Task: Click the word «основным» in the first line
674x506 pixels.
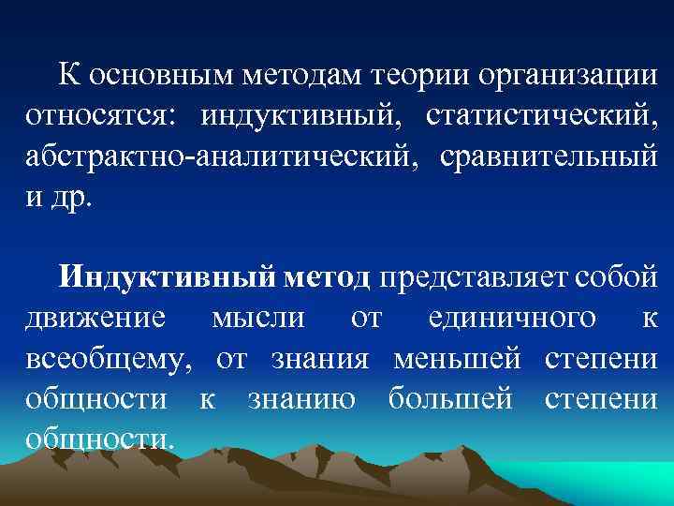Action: (149, 74)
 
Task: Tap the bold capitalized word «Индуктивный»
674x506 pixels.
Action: (167, 277)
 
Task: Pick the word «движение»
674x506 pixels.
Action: (95, 319)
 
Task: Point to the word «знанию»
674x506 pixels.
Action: (301, 399)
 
